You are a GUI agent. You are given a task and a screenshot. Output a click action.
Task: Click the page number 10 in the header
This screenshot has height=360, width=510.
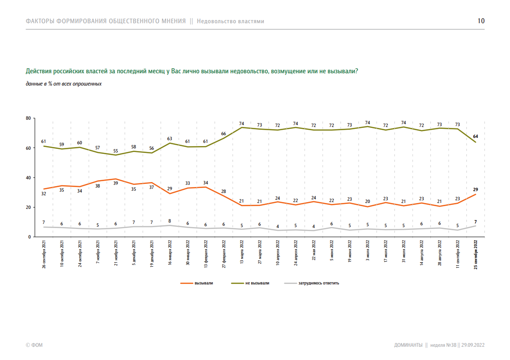481,21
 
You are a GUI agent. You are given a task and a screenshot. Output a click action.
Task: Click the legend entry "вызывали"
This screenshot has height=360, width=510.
203,283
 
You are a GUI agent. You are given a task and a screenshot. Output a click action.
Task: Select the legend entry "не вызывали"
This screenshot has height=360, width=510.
257,283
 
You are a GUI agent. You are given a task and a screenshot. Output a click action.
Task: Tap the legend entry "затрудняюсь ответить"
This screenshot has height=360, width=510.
318,283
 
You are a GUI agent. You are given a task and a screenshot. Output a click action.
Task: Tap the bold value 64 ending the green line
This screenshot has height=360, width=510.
476,136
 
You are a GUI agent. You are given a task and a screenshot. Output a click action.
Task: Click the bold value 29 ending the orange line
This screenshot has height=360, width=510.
476,189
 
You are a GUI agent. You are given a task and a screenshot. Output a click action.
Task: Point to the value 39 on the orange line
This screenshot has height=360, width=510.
116,183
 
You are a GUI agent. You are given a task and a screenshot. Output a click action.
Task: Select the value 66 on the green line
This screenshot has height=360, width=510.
223,133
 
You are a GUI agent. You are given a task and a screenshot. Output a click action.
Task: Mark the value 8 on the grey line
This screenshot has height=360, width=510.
170,221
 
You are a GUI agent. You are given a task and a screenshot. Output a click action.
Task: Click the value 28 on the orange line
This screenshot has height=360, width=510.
223,191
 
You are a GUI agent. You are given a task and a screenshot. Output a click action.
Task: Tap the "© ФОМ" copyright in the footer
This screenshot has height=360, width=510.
34,345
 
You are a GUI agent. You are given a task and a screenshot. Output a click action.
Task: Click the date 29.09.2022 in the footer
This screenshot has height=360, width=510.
473,345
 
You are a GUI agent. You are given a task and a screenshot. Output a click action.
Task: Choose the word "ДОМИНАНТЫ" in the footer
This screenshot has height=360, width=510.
408,345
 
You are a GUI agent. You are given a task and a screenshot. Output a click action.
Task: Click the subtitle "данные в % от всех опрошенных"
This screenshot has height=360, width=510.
64,84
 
